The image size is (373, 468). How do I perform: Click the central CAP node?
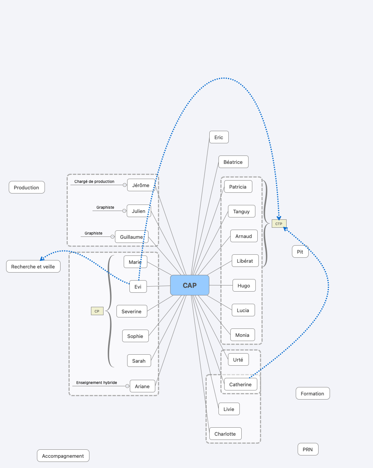pyautogui.click(x=190, y=285)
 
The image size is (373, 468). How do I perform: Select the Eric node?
pyautogui.click(x=219, y=137)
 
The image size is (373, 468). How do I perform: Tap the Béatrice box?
pyautogui.click(x=233, y=162)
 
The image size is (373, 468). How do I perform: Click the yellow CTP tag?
pyautogui.click(x=279, y=224)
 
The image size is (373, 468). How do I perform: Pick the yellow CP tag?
pyautogui.click(x=97, y=311)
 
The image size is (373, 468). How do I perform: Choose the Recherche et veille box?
pyautogui.click(x=33, y=267)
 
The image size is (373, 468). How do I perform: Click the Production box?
pyautogui.click(x=27, y=187)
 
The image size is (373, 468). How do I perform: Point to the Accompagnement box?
pyautogui.click(x=63, y=455)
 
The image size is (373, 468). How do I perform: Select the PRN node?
pyautogui.click(x=308, y=449)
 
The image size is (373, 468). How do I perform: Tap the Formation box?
pyautogui.click(x=313, y=393)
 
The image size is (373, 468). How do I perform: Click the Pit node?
pyautogui.click(x=300, y=252)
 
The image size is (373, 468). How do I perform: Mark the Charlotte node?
pyautogui.click(x=225, y=434)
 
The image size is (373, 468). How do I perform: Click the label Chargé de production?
pyautogui.click(x=94, y=182)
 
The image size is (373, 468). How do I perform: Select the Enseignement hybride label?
pyautogui.click(x=96, y=382)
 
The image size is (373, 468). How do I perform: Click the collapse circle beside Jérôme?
pyautogui.click(x=124, y=185)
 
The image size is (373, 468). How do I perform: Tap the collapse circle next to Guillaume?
pyautogui.click(x=112, y=236)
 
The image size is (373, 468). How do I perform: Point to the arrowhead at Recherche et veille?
pyautogui.click(x=42, y=259)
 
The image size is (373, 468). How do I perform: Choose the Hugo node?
pyautogui.click(x=244, y=285)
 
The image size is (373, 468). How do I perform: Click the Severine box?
pyautogui.click(x=132, y=311)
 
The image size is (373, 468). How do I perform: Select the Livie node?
pyautogui.click(x=229, y=409)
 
